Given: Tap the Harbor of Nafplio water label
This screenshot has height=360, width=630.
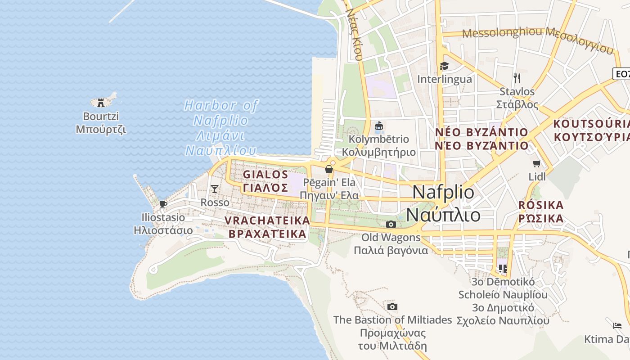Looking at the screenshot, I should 221,128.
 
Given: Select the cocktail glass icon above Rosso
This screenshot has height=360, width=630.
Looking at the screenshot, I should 215,189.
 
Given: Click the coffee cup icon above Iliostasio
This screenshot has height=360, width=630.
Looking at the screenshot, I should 163,204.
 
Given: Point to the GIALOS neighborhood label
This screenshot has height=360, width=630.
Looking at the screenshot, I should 265,180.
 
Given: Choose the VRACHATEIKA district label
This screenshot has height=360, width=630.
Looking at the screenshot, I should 267,227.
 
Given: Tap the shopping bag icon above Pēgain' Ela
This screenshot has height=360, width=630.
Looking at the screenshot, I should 329,169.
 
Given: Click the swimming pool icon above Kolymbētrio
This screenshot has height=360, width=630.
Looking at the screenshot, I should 379,126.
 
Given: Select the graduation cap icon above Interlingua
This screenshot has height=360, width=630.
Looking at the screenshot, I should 444,66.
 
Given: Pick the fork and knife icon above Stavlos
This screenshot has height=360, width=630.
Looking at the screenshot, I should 517,78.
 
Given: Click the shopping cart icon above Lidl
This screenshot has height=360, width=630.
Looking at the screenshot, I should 536,163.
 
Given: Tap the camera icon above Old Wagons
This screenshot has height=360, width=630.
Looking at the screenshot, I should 391,224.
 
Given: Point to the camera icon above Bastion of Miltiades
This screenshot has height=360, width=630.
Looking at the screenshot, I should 392,307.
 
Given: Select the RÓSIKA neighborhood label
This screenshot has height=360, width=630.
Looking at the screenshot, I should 540,211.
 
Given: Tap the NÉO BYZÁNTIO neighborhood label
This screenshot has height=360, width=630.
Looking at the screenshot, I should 481,139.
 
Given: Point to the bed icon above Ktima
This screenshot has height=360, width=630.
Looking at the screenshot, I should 617,325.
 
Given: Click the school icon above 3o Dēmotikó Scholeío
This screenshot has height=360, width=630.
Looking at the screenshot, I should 503,269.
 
